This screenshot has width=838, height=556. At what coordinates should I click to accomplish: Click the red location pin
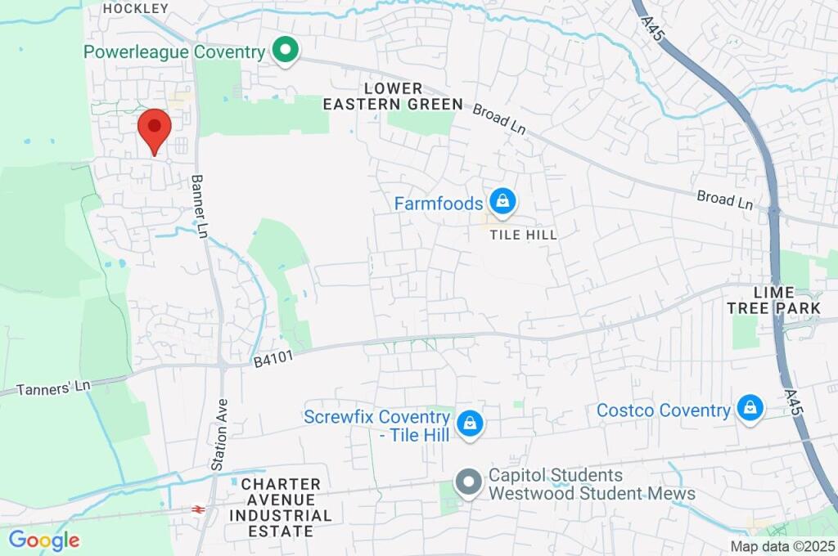pyautogui.click(x=154, y=131)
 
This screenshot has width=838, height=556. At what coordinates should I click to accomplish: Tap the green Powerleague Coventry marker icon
pyautogui.click(x=286, y=51)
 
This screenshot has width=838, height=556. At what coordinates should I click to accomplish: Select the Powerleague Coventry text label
pyautogui.click(x=174, y=52)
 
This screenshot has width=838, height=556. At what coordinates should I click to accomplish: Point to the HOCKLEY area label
pyautogui.click(x=136, y=8)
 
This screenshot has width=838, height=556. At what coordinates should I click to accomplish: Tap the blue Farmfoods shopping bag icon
pyautogui.click(x=502, y=201)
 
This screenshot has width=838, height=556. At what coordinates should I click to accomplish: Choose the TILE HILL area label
pyautogui.click(x=524, y=235)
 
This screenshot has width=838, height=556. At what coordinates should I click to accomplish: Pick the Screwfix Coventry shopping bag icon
pyautogui.click(x=470, y=424)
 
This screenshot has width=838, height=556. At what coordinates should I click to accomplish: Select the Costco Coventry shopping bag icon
pyautogui.click(x=749, y=408)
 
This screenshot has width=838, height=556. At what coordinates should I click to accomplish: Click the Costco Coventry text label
pyautogui.click(x=663, y=410)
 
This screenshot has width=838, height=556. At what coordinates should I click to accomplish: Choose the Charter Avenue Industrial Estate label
pyautogui.click(x=281, y=508)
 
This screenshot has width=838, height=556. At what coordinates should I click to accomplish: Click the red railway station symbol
pyautogui.click(x=197, y=509)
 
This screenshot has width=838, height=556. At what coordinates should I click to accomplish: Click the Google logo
pyautogui.click(x=43, y=540)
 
